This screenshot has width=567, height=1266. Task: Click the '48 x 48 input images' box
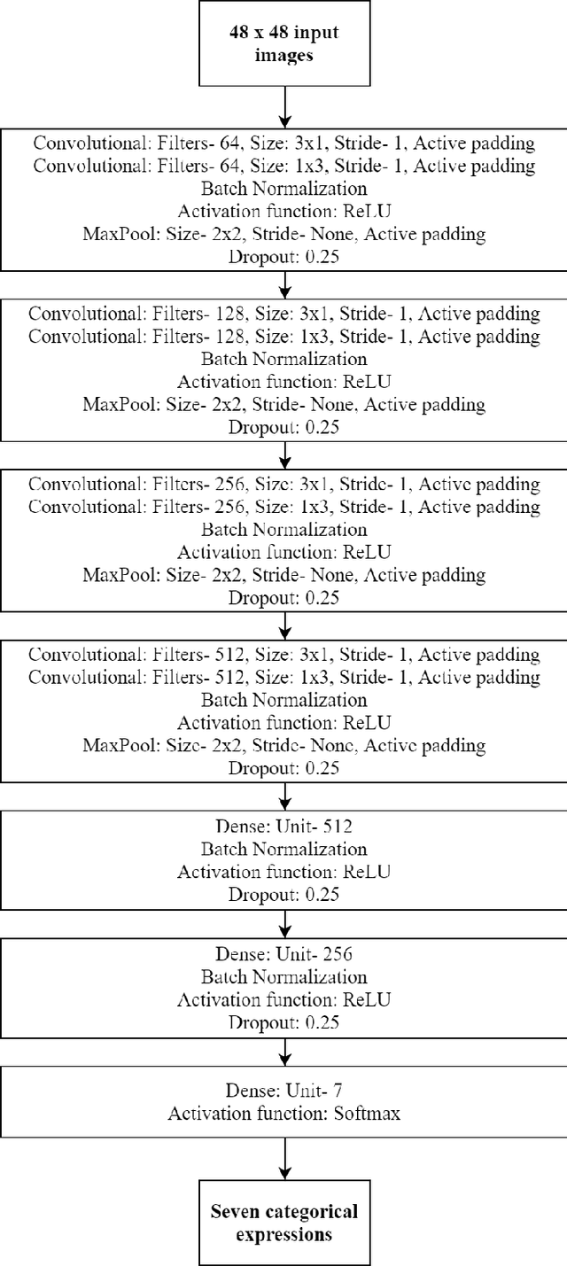(x=283, y=44)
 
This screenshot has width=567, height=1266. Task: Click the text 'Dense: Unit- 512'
(x=283, y=827)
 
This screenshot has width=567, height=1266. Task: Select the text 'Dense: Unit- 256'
(x=283, y=955)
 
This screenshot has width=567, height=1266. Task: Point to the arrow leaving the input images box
(x=283, y=108)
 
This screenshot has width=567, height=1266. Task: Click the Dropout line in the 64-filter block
(x=283, y=256)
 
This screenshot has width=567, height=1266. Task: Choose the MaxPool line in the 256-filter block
(x=283, y=575)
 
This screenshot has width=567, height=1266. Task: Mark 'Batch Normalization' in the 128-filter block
(x=283, y=359)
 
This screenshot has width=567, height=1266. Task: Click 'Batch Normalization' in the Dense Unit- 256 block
(x=283, y=977)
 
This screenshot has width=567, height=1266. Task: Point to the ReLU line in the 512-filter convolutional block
(x=283, y=722)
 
